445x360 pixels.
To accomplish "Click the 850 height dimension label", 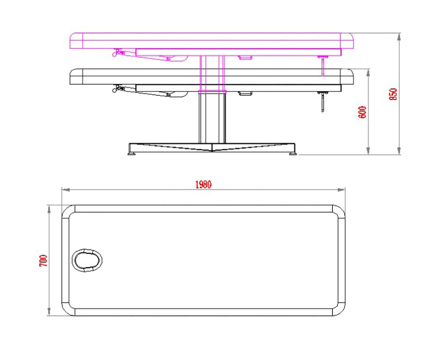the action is (394, 94).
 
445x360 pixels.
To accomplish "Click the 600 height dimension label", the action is (363, 112).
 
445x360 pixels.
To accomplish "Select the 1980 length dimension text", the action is (203, 184).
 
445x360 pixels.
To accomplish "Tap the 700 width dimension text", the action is (43, 261).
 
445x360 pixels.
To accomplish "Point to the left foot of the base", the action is (132, 154).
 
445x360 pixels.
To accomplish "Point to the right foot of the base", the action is (293, 154).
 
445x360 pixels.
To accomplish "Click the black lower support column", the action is (212, 118).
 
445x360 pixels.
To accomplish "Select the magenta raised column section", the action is (212, 73).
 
